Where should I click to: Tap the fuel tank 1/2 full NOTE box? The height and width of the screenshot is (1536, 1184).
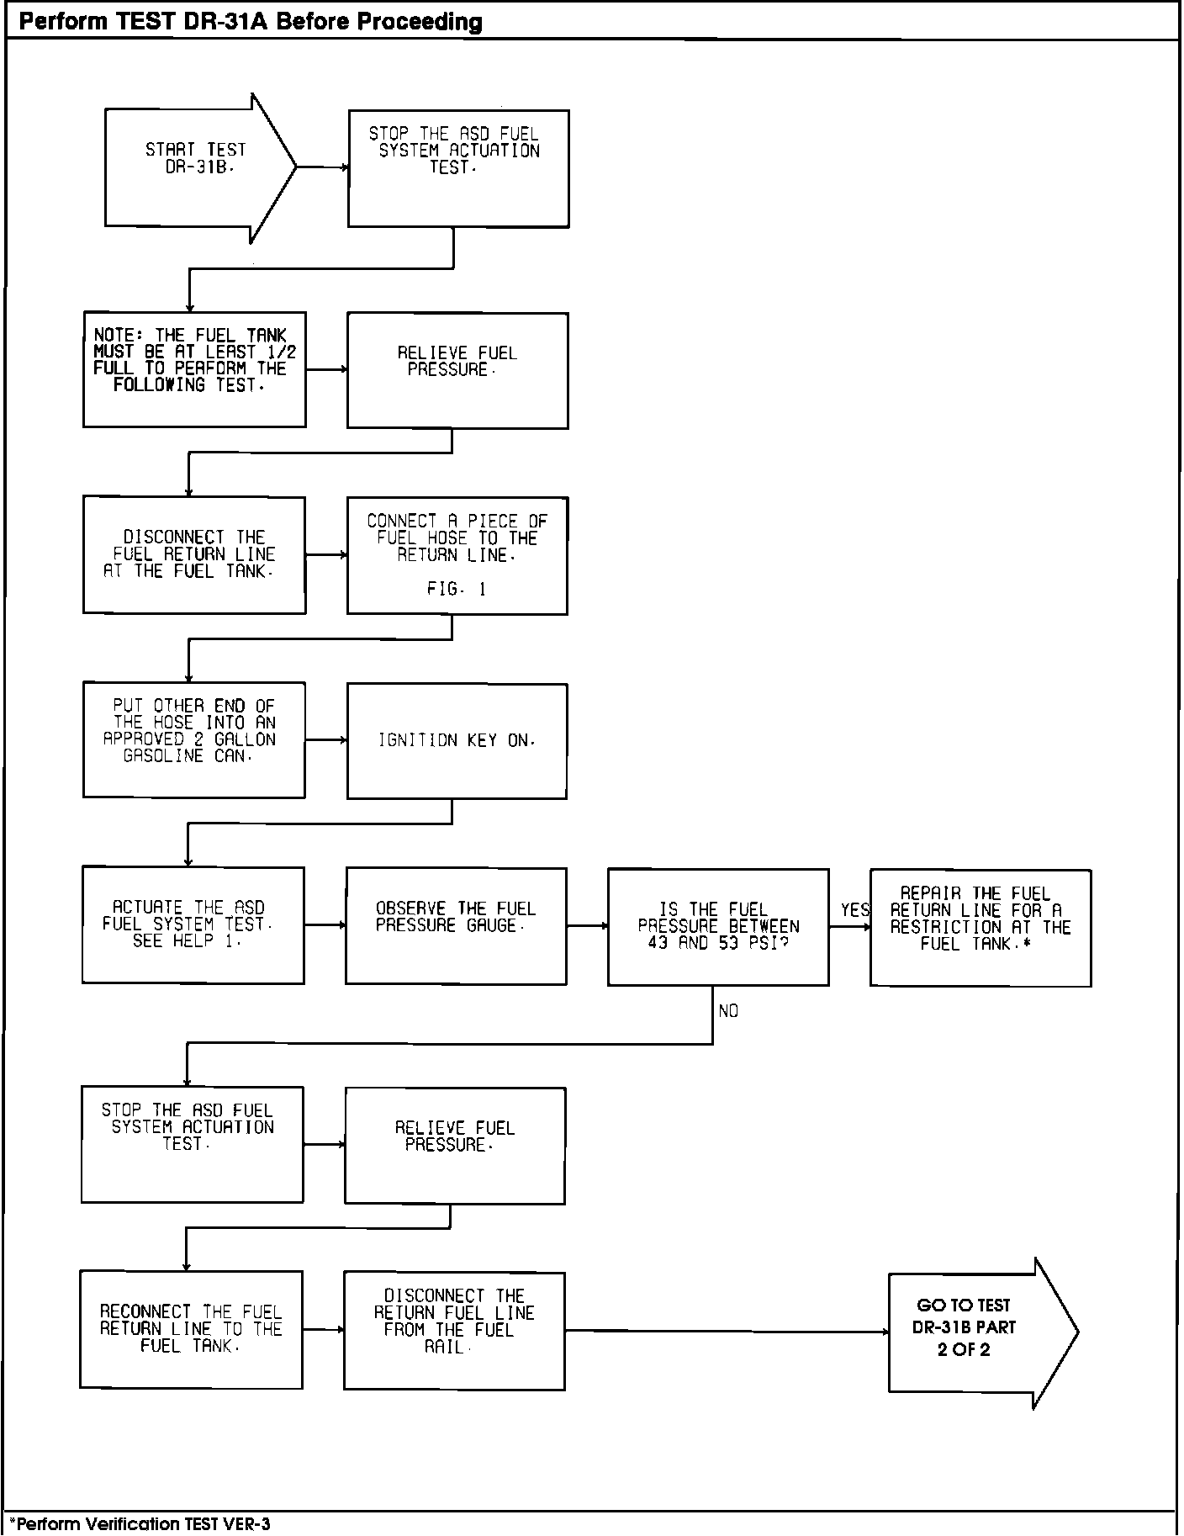[194, 369]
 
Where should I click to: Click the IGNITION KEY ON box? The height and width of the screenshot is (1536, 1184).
[457, 740]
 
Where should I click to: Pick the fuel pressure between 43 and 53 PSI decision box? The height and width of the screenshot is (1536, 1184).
[718, 926]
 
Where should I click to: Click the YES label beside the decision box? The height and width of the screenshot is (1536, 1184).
[854, 910]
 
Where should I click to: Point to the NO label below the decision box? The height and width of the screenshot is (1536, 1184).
[728, 1011]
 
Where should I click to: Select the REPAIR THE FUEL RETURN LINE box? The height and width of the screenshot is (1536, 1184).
[980, 927]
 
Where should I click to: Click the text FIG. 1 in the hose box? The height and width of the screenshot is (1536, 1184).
[456, 590]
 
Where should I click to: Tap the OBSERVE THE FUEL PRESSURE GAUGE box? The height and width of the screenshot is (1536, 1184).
[456, 925]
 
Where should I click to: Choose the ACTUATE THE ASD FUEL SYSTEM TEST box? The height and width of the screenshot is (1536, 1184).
[193, 924]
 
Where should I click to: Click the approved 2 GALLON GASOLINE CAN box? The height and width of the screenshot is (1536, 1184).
[193, 739]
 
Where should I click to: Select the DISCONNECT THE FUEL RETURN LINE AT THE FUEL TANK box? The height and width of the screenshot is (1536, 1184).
[194, 554]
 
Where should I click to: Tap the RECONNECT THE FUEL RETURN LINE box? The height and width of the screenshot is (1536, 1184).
[191, 1329]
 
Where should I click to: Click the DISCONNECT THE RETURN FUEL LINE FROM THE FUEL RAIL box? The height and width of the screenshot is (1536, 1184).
[454, 1330]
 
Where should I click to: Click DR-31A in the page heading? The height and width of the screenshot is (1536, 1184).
[226, 22]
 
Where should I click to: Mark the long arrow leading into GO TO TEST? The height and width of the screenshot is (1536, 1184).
[727, 1332]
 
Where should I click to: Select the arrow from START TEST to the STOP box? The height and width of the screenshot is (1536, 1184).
[322, 167]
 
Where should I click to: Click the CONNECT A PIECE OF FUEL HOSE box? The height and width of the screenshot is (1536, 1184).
[457, 555]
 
